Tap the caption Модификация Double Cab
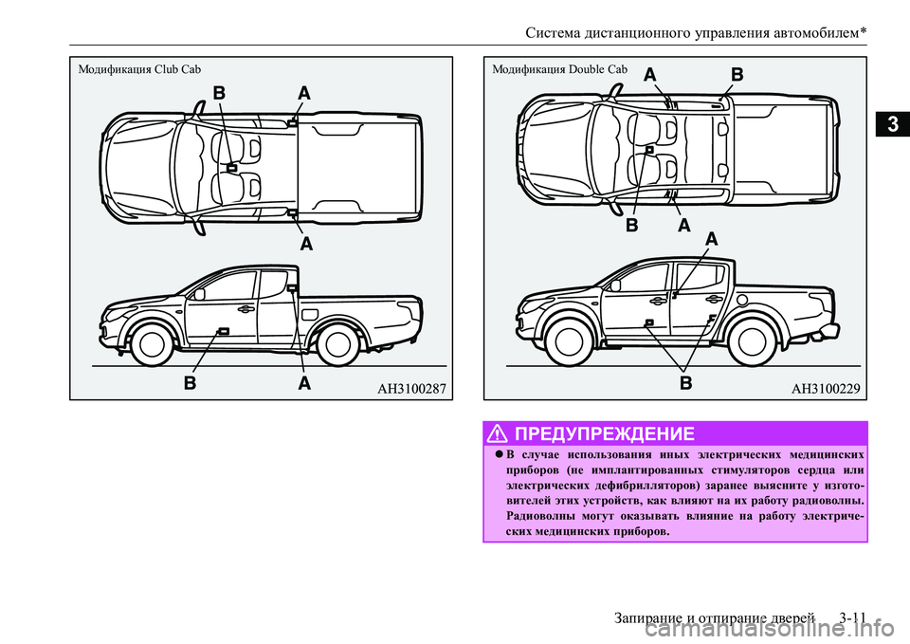click(560, 69)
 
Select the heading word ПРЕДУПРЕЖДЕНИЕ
click(606, 433)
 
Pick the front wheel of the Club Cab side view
click(150, 344)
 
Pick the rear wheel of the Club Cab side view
click(337, 344)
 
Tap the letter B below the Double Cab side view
click(686, 384)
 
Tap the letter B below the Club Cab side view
click(191, 384)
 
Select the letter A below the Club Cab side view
click(305, 384)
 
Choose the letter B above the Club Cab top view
click(219, 93)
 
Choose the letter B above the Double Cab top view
click(737, 73)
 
